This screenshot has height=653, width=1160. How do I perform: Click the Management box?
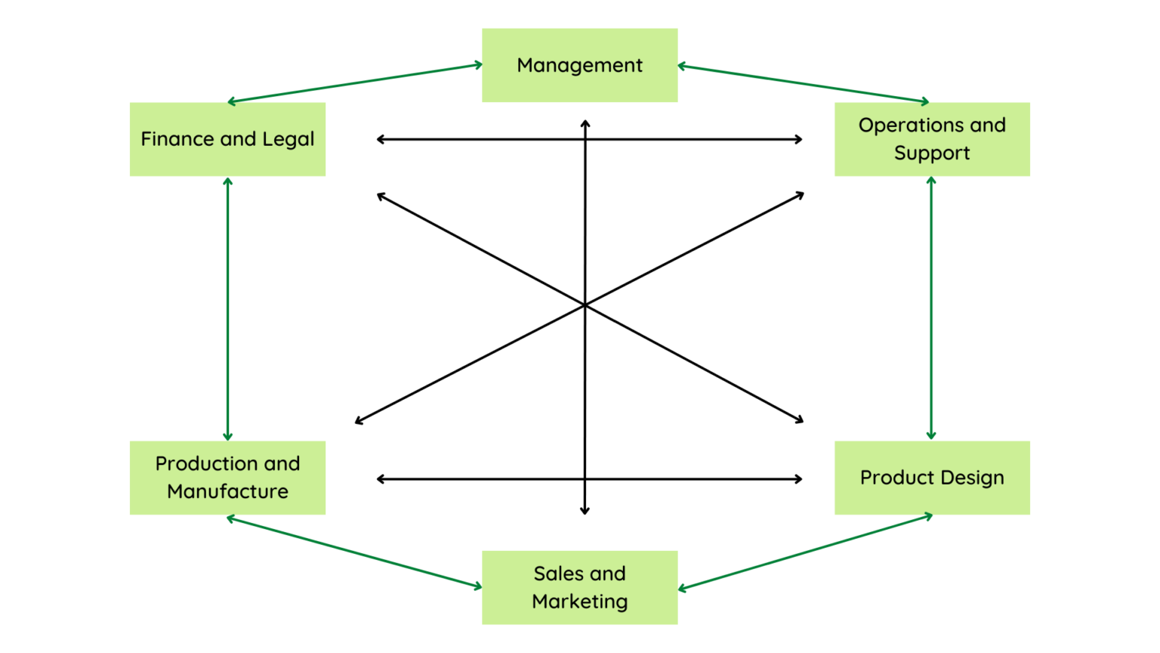[579, 65]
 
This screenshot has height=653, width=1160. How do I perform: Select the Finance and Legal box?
[227, 139]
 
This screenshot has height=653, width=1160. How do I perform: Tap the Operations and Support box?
[932, 139]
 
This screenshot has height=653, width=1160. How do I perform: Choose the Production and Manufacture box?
[227, 478]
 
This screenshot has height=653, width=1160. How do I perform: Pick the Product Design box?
[932, 478]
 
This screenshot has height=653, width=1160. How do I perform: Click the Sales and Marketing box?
[579, 587]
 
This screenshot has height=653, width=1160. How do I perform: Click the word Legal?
[288, 139]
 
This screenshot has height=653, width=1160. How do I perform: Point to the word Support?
[932, 153]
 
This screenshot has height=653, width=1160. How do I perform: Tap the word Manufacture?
[227, 492]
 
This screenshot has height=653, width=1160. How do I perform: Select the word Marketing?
[579, 602]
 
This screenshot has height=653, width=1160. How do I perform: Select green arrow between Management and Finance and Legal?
[355, 83]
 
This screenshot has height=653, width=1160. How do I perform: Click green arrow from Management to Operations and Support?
[804, 84]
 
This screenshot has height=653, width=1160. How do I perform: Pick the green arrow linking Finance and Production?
[227, 308]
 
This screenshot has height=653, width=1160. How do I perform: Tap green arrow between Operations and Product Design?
[931, 308]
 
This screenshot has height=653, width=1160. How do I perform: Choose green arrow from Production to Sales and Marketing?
[354, 552]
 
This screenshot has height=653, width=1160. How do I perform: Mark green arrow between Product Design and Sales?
[805, 552]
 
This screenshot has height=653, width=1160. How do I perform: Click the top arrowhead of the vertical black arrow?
[585, 122]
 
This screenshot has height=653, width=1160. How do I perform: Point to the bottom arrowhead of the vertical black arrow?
[585, 512]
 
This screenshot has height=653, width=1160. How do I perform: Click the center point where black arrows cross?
[585, 305]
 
